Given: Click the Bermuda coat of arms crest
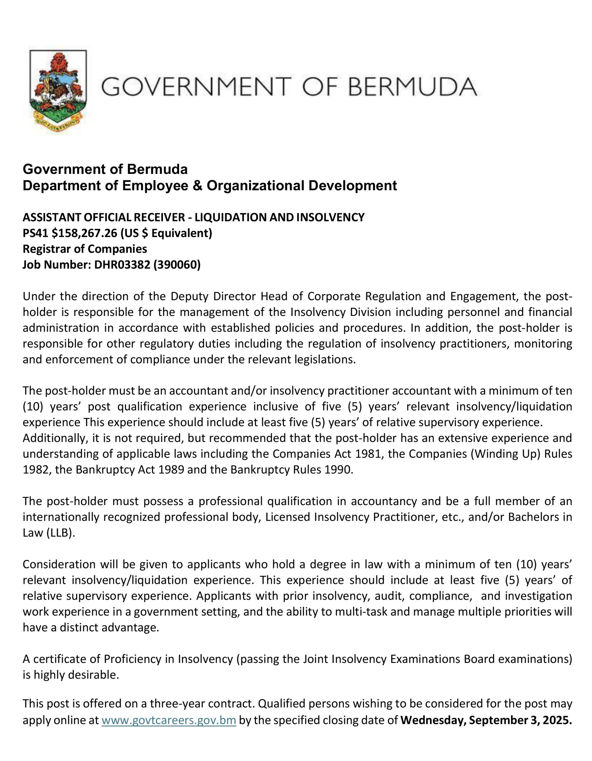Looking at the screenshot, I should click(x=58, y=91).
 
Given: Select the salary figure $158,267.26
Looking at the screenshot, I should click(x=84, y=233).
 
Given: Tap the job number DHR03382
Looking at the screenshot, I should click(x=122, y=265).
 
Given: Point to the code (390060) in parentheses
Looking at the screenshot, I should click(x=177, y=265).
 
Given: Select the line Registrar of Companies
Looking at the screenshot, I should click(x=85, y=249).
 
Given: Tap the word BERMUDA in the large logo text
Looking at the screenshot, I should click(x=412, y=87).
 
